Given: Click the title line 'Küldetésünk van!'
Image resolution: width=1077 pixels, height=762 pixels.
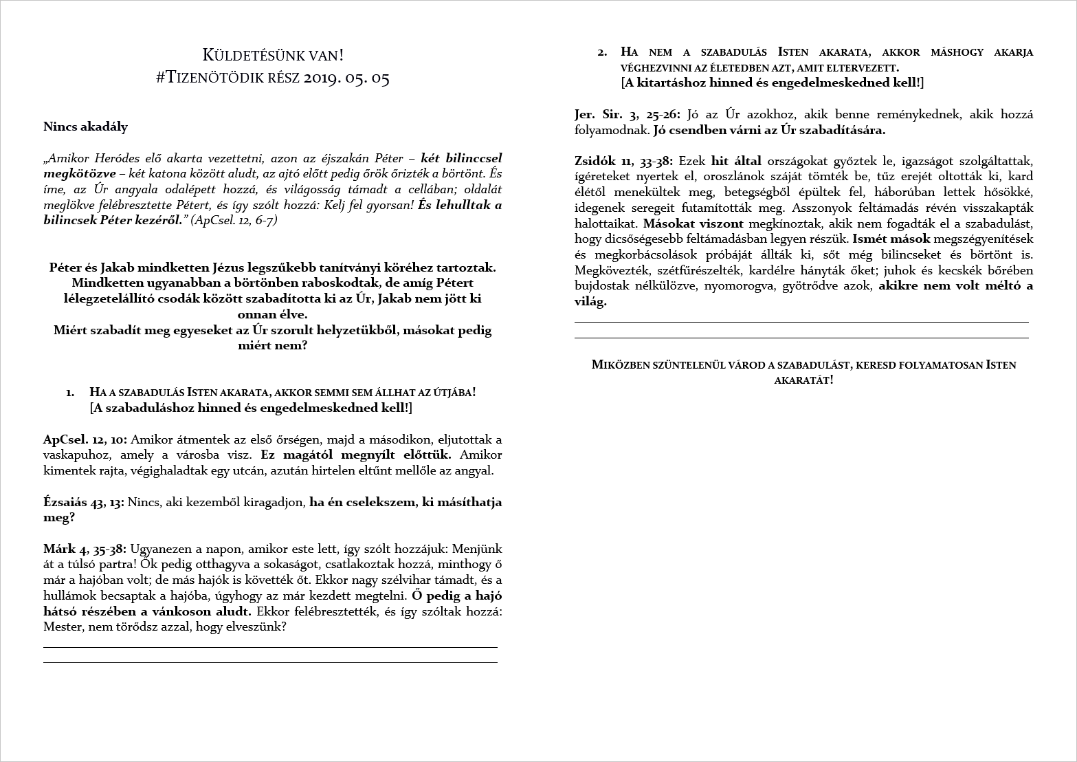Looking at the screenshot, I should pos(273,54).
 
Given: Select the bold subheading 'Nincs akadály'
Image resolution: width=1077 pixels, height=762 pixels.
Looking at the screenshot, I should pos(85,127).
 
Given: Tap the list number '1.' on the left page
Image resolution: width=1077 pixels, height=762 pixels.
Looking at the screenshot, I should pos(70,393).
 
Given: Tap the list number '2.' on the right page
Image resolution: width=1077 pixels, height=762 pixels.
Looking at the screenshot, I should pos(602,52).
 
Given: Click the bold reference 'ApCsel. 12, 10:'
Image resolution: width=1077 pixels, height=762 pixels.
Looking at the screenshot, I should pos(85,439).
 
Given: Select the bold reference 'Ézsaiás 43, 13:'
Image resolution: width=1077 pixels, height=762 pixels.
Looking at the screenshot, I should pos(84,502).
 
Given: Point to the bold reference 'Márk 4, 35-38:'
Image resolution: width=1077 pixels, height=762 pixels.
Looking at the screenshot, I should pos(85,549).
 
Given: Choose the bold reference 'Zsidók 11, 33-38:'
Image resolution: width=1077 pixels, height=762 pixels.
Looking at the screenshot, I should pos(625,162).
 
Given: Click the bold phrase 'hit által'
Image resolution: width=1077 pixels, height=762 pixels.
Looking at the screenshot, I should pos(736,162).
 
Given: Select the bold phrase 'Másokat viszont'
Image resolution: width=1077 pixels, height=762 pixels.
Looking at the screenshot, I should pos(693,224).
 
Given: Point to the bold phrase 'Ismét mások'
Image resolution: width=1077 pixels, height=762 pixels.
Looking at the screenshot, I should pos(891,239).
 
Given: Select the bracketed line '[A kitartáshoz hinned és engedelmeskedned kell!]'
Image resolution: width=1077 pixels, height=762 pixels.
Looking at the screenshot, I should pos(772,83).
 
